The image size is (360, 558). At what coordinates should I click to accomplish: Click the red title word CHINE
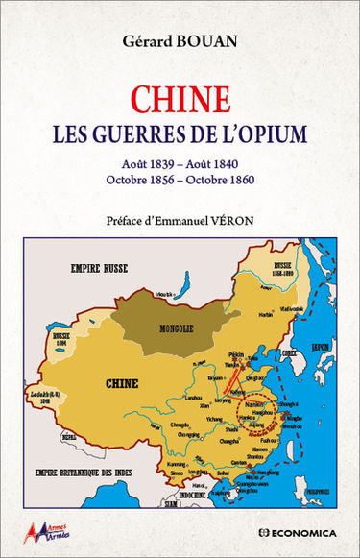tap(180, 99)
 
